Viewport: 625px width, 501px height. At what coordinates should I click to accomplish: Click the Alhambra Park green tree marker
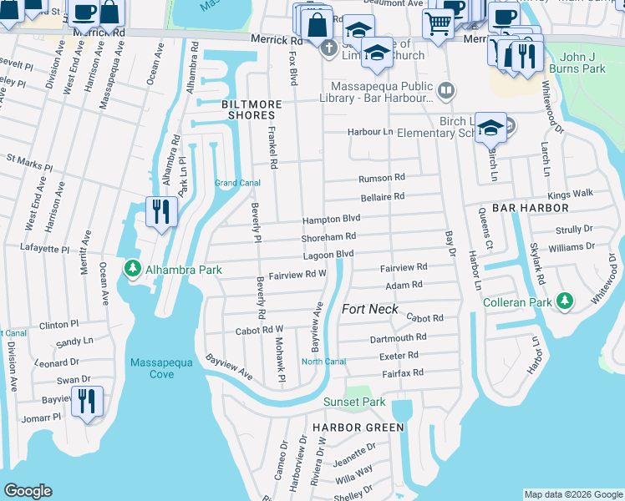(131, 269)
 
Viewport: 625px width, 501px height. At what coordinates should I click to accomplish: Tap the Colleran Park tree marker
(565, 300)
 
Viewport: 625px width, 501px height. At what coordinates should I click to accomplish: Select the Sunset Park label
(354, 402)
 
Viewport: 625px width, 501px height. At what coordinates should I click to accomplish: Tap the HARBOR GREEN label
(358, 427)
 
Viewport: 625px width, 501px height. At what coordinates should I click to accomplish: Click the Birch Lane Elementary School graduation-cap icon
(490, 128)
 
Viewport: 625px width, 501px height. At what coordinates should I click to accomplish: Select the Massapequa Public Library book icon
(446, 91)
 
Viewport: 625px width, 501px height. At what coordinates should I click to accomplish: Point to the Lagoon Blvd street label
(328, 254)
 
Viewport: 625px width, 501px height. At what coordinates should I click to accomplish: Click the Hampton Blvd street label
(331, 219)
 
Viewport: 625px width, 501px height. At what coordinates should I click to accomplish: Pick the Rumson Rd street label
(381, 178)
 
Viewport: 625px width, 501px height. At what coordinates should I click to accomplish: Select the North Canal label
(323, 362)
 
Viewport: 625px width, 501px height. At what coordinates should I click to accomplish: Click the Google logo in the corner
(28, 491)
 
